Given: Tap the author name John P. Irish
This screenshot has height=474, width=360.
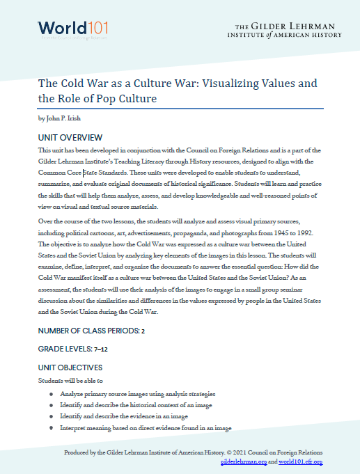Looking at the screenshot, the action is click(x=61, y=118).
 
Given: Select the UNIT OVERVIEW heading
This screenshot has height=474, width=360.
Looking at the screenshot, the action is click(x=70, y=137).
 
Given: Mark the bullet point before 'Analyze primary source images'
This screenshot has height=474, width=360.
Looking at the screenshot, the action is click(x=52, y=394).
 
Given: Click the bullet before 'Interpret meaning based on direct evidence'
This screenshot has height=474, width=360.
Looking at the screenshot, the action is click(x=52, y=427).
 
